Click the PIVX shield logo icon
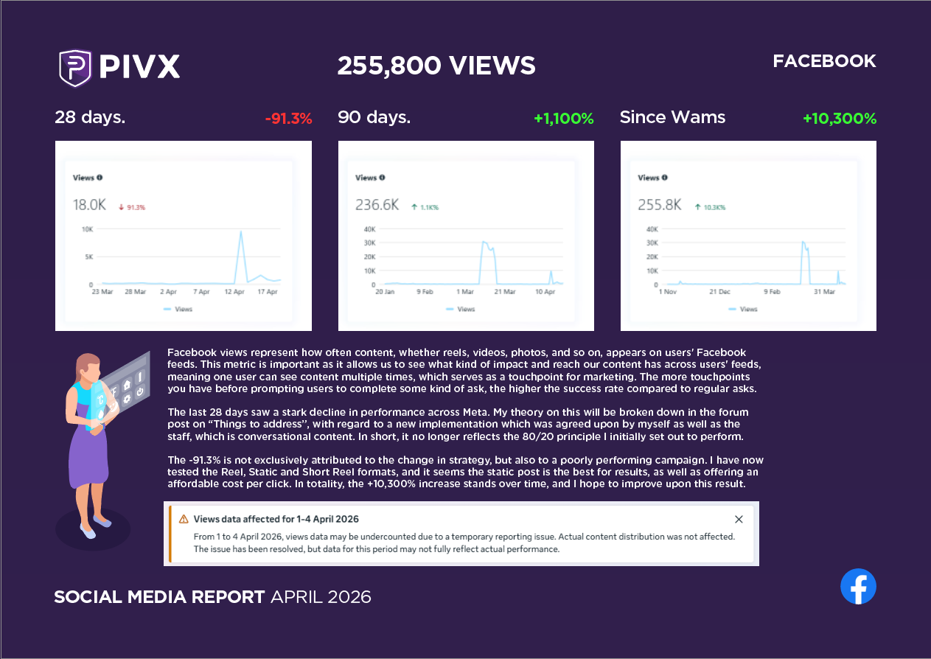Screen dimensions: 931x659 coord(75,68)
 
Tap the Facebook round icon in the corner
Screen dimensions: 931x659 coord(858,586)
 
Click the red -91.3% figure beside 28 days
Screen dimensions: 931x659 coord(289,119)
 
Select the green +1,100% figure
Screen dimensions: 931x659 coord(564,119)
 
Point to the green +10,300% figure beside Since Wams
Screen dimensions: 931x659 coord(840,119)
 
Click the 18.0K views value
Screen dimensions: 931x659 coord(89,205)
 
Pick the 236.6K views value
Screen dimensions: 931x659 coord(377,205)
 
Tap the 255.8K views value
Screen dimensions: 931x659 coord(660,205)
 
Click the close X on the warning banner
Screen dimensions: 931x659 coord(739,520)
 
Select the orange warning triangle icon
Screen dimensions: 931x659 coord(184,519)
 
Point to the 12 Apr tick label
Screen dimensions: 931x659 coord(234,292)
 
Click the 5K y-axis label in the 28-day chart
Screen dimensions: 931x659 coord(89,257)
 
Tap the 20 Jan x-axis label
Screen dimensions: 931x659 coord(385,292)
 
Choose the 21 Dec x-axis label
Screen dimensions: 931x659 coord(720,292)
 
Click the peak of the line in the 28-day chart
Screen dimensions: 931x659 coord(240,231)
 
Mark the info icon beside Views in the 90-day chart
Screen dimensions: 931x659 coord(382,178)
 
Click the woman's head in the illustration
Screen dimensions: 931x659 coord(88,366)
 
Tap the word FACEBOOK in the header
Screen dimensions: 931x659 coord(825,61)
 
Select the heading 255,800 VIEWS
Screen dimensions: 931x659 coord(436,66)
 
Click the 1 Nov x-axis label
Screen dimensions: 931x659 coord(668,292)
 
